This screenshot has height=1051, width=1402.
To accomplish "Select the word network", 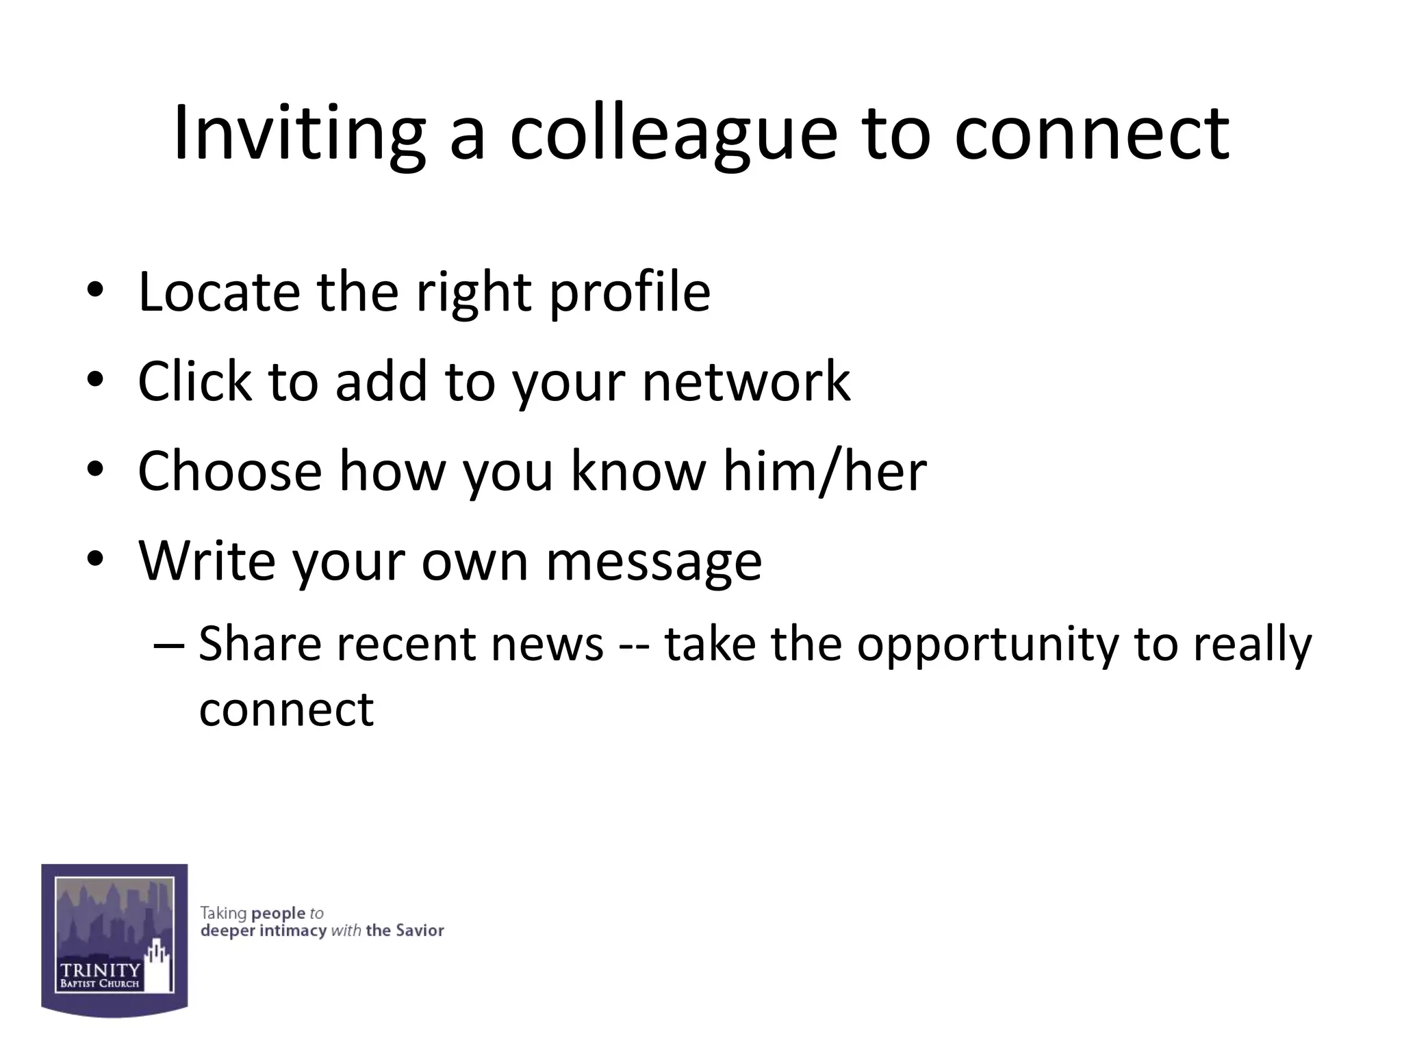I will tap(746, 381).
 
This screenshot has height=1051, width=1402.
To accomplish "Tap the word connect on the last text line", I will tap(286, 710).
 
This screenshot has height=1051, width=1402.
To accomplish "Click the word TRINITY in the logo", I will tap(100, 970).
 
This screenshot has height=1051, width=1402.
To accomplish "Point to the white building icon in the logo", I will tap(158, 965).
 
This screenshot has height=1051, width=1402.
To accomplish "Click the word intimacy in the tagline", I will tap(293, 931).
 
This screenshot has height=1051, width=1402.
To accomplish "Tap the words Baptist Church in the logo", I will tap(100, 984).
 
